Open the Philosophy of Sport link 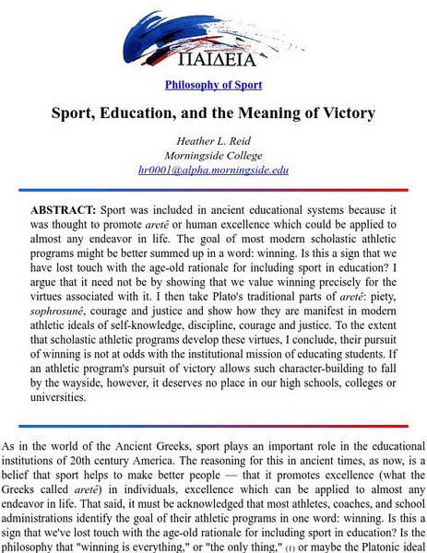(213, 85)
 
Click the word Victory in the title (333, 115)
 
